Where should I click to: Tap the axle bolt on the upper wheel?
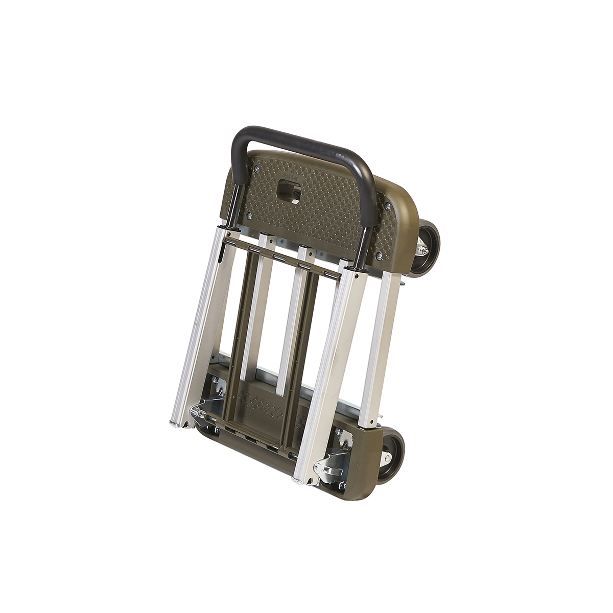pos(422,249)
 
